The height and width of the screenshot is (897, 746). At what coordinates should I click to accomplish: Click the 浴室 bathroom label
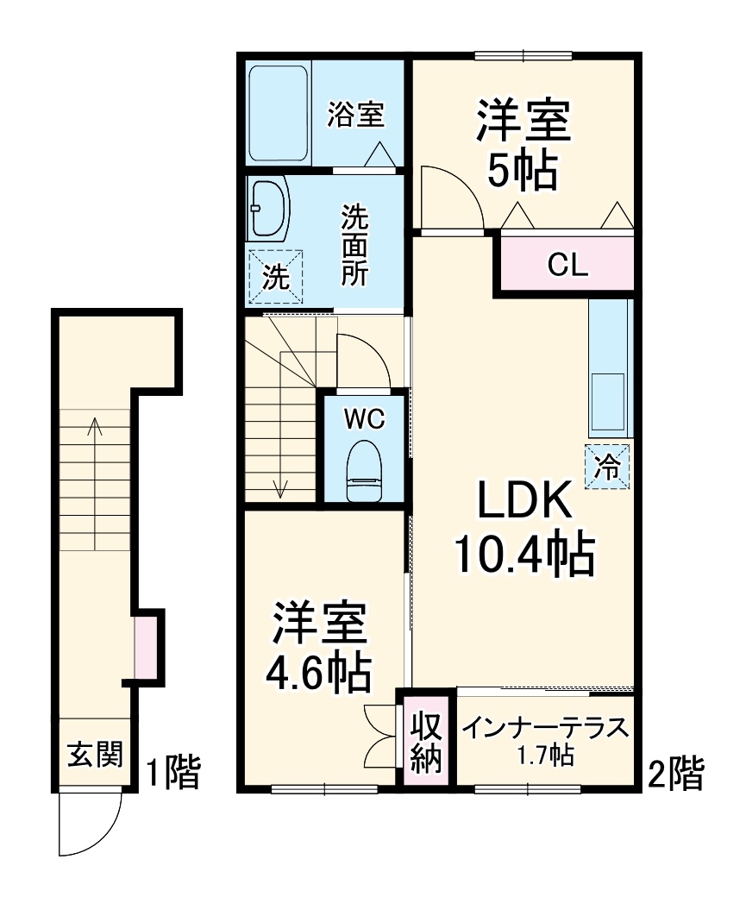click(x=355, y=115)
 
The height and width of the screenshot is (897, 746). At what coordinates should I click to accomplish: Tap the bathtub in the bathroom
click(x=279, y=113)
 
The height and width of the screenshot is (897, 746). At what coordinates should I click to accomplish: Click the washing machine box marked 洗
click(x=275, y=277)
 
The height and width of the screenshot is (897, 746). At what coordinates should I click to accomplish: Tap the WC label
click(x=363, y=420)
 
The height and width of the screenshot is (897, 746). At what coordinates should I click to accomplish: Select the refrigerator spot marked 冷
click(x=608, y=467)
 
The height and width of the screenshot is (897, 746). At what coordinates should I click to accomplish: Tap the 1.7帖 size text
click(x=545, y=757)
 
